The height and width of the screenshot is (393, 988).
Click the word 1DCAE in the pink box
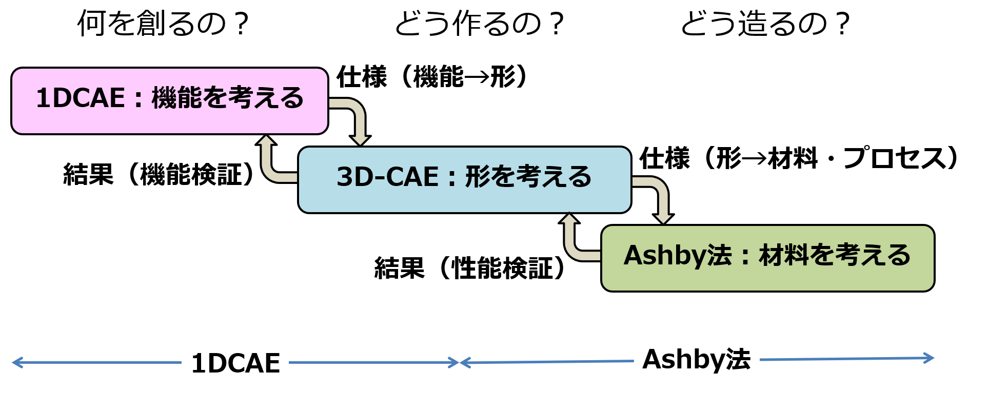81,98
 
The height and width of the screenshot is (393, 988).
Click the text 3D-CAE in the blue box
387,177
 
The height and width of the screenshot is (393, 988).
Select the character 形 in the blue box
477,177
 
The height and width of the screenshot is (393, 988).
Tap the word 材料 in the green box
784,255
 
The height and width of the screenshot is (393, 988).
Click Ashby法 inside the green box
677,255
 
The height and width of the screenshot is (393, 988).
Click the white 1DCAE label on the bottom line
235,363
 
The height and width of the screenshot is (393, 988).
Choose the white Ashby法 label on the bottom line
696,359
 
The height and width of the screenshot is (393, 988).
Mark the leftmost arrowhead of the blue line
17,362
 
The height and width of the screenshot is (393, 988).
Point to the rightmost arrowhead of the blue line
929,358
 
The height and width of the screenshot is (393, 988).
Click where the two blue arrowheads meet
460,363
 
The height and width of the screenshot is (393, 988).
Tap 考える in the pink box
265,98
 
